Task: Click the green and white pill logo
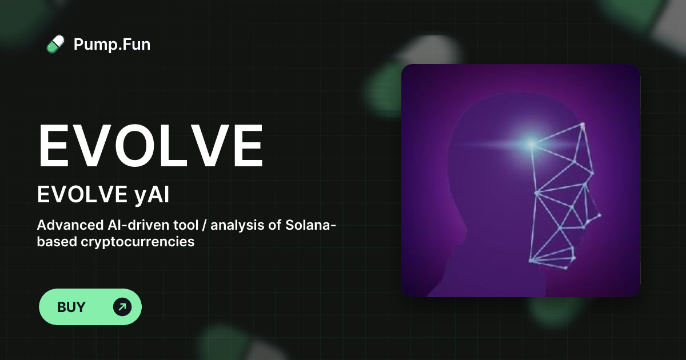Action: pos(55,45)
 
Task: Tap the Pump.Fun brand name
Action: pos(112,45)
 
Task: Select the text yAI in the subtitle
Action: pos(152,195)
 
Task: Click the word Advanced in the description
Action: pos(70,225)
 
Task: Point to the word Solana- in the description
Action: pos(311,225)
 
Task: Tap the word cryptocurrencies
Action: pos(138,242)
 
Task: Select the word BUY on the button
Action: pos(71,307)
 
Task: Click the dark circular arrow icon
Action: pos(122,307)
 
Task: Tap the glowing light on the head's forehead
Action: pos(531,143)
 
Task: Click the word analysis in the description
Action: pos(237,226)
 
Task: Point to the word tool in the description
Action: pos(186,225)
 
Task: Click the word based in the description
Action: pos(57,242)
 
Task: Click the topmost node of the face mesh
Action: pos(583,125)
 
